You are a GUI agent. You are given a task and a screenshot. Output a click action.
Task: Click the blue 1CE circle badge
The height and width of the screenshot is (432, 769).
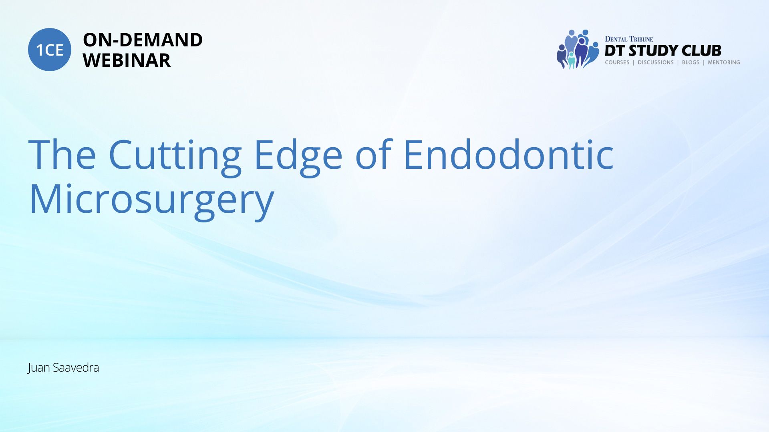coord(50,50)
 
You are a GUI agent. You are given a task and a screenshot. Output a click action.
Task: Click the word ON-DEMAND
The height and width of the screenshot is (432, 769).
coord(143,40)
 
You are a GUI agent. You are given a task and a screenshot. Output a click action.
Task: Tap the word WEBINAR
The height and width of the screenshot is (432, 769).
coord(127,60)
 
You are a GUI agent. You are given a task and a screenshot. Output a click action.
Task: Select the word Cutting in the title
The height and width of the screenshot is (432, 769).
coord(175,156)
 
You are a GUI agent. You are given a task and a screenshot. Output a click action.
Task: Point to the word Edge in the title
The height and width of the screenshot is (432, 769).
coord(298,156)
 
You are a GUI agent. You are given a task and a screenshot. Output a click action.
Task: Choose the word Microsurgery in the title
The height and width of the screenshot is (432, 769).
coord(152,200)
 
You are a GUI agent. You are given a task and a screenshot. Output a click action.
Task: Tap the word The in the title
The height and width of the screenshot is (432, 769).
coord(62,154)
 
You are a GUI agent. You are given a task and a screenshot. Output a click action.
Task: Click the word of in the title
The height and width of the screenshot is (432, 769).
coord(374,154)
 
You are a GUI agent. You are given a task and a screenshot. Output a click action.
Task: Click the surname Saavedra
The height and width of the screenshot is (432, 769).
coord(76,367)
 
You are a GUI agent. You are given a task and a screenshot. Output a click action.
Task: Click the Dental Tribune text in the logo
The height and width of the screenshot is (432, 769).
coord(629,39)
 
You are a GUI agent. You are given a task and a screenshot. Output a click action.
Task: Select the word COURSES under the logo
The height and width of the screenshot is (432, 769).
coord(617,62)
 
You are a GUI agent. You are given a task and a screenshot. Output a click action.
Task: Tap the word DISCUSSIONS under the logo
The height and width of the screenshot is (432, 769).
coord(656,62)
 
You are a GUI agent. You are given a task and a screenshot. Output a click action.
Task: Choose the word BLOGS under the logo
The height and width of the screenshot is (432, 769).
coord(690,62)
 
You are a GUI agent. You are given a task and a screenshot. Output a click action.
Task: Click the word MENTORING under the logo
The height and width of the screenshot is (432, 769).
coord(724,62)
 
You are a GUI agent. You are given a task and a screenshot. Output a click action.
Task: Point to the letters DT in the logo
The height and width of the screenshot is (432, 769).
coord(615,51)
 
